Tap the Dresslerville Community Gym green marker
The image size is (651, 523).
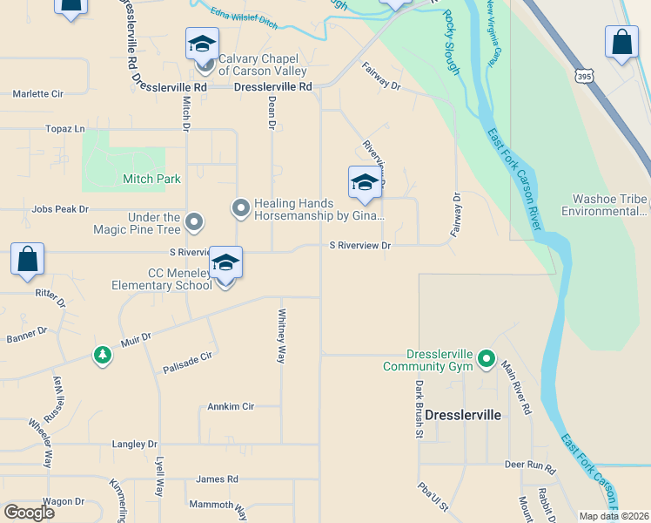click(486, 358)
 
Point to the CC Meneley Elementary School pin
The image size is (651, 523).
click(225, 264)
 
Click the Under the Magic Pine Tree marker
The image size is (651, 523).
click(194, 223)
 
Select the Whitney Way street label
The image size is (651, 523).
click(281, 336)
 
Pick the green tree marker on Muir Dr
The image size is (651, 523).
click(103, 355)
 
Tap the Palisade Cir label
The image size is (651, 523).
click(187, 363)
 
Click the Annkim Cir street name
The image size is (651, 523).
click(231, 406)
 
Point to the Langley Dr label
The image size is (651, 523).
click(135, 444)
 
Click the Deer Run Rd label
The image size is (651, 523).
click(530, 465)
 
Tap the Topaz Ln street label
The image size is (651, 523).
click(66, 129)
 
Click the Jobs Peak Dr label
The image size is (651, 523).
click(60, 209)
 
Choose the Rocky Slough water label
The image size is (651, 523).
click(450, 41)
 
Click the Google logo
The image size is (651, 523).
click(29, 512)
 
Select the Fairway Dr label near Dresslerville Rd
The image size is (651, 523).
click(381, 86)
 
